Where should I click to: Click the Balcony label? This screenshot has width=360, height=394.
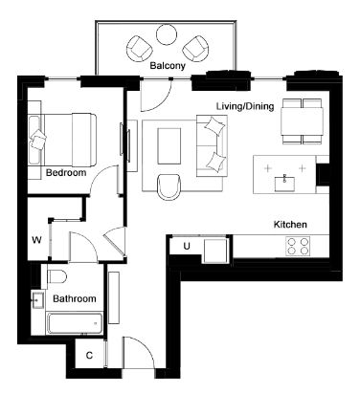point(168,66)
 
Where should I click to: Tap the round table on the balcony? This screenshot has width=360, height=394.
point(167,34)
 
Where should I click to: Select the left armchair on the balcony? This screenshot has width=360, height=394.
point(139,49)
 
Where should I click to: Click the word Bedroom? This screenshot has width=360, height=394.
point(66,173)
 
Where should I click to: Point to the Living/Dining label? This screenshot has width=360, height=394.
point(245,106)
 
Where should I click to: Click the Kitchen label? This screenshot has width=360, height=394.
point(290,225)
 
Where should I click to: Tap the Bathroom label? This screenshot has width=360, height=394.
point(75,298)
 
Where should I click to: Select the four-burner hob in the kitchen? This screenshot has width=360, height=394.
point(299,246)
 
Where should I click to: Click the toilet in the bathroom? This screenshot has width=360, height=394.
point(56,276)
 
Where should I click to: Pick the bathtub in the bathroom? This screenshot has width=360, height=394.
point(75,323)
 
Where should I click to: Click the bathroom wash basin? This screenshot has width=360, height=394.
point(38,300)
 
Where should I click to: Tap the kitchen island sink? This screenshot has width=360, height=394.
point(284,184)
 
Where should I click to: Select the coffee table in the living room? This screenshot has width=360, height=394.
point(169,145)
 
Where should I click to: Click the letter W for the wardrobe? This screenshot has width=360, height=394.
point(36,240)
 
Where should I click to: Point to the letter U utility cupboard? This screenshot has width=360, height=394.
point(187,246)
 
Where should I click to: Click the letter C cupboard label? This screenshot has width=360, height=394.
point(89,355)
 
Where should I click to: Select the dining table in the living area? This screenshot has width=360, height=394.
point(302,121)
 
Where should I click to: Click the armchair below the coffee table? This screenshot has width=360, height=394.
point(169,186)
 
